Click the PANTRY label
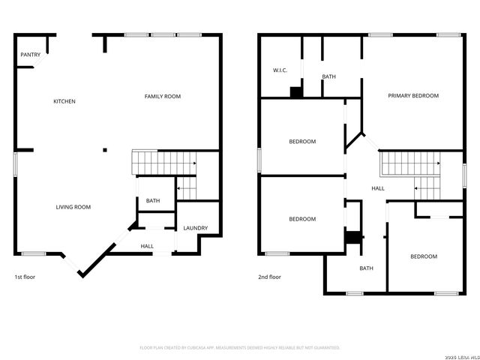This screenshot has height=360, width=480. click(31, 55)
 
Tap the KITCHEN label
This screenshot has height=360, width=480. click(64, 101)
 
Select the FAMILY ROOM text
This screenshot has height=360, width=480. click(163, 96)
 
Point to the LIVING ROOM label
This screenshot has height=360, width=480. click(73, 207)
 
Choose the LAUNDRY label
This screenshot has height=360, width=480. click(196, 228)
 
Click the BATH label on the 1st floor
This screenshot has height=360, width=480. click(153, 201)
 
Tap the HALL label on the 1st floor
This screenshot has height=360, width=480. click(147, 246)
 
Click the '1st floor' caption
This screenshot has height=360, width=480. click(25, 277)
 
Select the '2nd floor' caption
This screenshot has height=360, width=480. click(270, 277)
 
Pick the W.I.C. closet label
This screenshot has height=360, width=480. click(280, 70)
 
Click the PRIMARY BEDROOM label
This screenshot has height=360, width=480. click(413, 96)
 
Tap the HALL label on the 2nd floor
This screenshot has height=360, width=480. click(378, 188)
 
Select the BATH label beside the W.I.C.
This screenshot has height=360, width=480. click(328, 76)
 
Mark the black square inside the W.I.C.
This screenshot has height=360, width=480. click(296, 92)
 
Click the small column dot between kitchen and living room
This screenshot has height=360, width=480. click(105, 149)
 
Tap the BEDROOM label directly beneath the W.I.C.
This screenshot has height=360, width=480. click(302, 141)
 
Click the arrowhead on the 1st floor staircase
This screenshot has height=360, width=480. click(194, 163)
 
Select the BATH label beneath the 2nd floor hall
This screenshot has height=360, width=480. click(366, 268)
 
